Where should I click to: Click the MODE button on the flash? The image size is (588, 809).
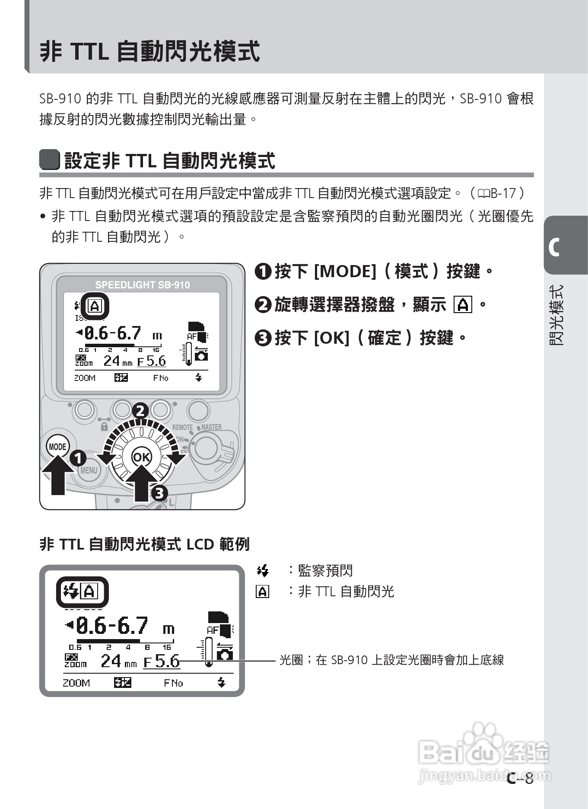[x=57, y=447]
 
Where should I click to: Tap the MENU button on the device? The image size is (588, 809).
[x=89, y=470]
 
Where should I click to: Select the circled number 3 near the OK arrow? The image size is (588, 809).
[x=159, y=492]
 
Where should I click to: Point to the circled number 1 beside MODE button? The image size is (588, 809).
[x=78, y=458]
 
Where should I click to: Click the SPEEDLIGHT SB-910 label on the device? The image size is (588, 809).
[x=142, y=285]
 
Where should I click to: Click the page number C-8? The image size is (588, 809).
[x=521, y=779]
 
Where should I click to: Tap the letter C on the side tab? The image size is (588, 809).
[x=554, y=247]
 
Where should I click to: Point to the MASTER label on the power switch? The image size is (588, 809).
[x=211, y=427]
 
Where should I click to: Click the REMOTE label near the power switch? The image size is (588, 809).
[x=182, y=427]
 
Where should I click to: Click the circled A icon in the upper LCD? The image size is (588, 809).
[x=95, y=307]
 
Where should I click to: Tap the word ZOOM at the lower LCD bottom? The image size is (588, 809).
[x=76, y=683]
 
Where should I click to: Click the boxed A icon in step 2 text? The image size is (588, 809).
[x=463, y=305]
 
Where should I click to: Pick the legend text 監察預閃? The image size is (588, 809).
[x=325, y=571]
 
